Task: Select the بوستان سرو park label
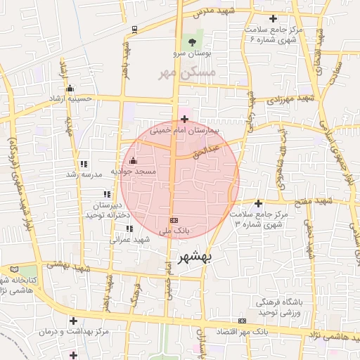click(194, 53)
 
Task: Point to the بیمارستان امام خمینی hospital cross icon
click(184, 119)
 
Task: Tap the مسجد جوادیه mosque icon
click(133, 160)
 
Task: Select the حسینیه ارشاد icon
click(70, 88)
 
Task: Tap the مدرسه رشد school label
click(85, 174)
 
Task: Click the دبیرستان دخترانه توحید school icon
click(107, 194)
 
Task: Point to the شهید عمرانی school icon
click(129, 229)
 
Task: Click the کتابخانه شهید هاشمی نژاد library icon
click(15, 269)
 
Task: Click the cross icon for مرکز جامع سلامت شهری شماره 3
click(258, 202)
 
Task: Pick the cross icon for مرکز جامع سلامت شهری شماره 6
click(274, 18)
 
